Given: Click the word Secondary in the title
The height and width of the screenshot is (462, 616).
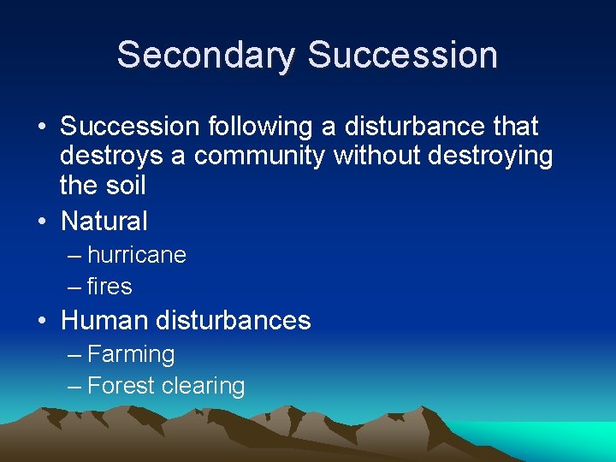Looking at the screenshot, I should [x=207, y=54].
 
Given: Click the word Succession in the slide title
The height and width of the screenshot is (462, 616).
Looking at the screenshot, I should [x=402, y=54].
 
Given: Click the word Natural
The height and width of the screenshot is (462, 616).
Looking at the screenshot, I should [x=104, y=221].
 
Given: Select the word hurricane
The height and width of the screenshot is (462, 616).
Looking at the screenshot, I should [x=137, y=255].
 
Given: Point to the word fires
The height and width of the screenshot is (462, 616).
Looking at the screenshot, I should [x=110, y=287].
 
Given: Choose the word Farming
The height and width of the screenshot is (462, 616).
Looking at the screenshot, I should [x=131, y=354].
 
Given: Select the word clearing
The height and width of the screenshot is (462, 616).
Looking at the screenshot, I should [x=204, y=386].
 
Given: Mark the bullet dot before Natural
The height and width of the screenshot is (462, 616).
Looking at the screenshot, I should [x=42, y=222].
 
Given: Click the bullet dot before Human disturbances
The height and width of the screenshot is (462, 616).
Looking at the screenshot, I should [x=42, y=322].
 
